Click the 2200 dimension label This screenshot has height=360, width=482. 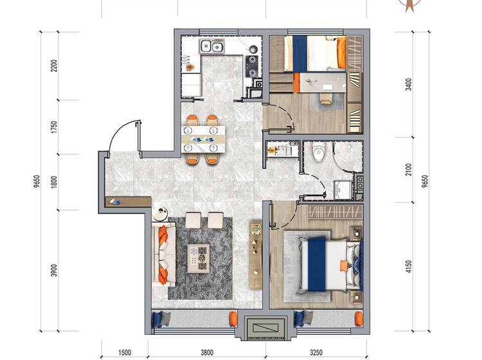[55, 66]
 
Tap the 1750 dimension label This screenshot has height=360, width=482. [55, 127]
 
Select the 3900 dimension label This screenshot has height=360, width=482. [55, 270]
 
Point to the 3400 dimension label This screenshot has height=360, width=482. [409, 84]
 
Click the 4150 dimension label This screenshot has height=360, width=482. [409, 267]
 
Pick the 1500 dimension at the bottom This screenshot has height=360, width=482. [125, 352]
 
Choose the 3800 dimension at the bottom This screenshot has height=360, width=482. [207, 352]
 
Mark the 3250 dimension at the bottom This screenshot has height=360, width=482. [316, 352]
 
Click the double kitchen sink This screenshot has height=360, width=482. [212, 46]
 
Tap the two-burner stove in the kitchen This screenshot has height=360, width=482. [253, 66]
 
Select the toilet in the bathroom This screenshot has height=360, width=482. [318, 152]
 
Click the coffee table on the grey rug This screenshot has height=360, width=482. [199, 258]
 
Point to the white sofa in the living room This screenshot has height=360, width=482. [163, 254]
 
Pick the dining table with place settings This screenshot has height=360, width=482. [203, 139]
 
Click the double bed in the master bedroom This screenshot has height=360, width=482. [330, 265]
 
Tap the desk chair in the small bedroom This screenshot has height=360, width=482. [326, 98]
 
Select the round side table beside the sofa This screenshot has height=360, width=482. [160, 213]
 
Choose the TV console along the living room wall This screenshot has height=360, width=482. [255, 254]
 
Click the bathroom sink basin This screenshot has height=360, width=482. [343, 190]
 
